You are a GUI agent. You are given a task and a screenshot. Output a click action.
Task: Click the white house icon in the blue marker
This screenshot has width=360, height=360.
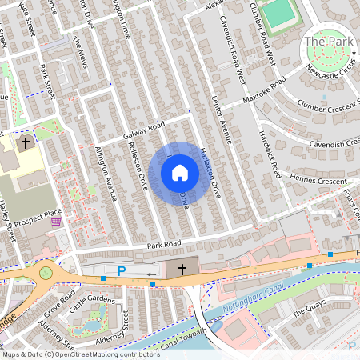pyautogui.click(x=180, y=173)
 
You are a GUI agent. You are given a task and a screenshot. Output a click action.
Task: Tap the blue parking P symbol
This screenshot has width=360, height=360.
pyautogui.click(x=122, y=271)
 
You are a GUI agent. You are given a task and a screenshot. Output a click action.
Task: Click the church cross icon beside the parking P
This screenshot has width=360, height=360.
pyautogui.click(x=182, y=270)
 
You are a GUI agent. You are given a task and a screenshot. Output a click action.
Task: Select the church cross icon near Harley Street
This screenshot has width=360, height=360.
pyautogui.click(x=26, y=144)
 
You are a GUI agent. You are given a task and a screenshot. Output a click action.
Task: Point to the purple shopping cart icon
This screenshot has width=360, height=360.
pyautogui.click(x=55, y=222)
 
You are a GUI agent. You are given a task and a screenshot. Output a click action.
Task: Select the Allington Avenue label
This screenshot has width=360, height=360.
pyautogui.click(x=106, y=173)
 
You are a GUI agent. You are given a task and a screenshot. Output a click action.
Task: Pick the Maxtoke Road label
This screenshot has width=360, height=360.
pyautogui.click(x=265, y=92)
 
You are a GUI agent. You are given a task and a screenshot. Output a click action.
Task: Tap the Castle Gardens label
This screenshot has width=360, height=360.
pyautogui.click(x=88, y=303)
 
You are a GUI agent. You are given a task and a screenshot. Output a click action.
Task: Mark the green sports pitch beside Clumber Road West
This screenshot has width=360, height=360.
pyautogui.click(x=278, y=13)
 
